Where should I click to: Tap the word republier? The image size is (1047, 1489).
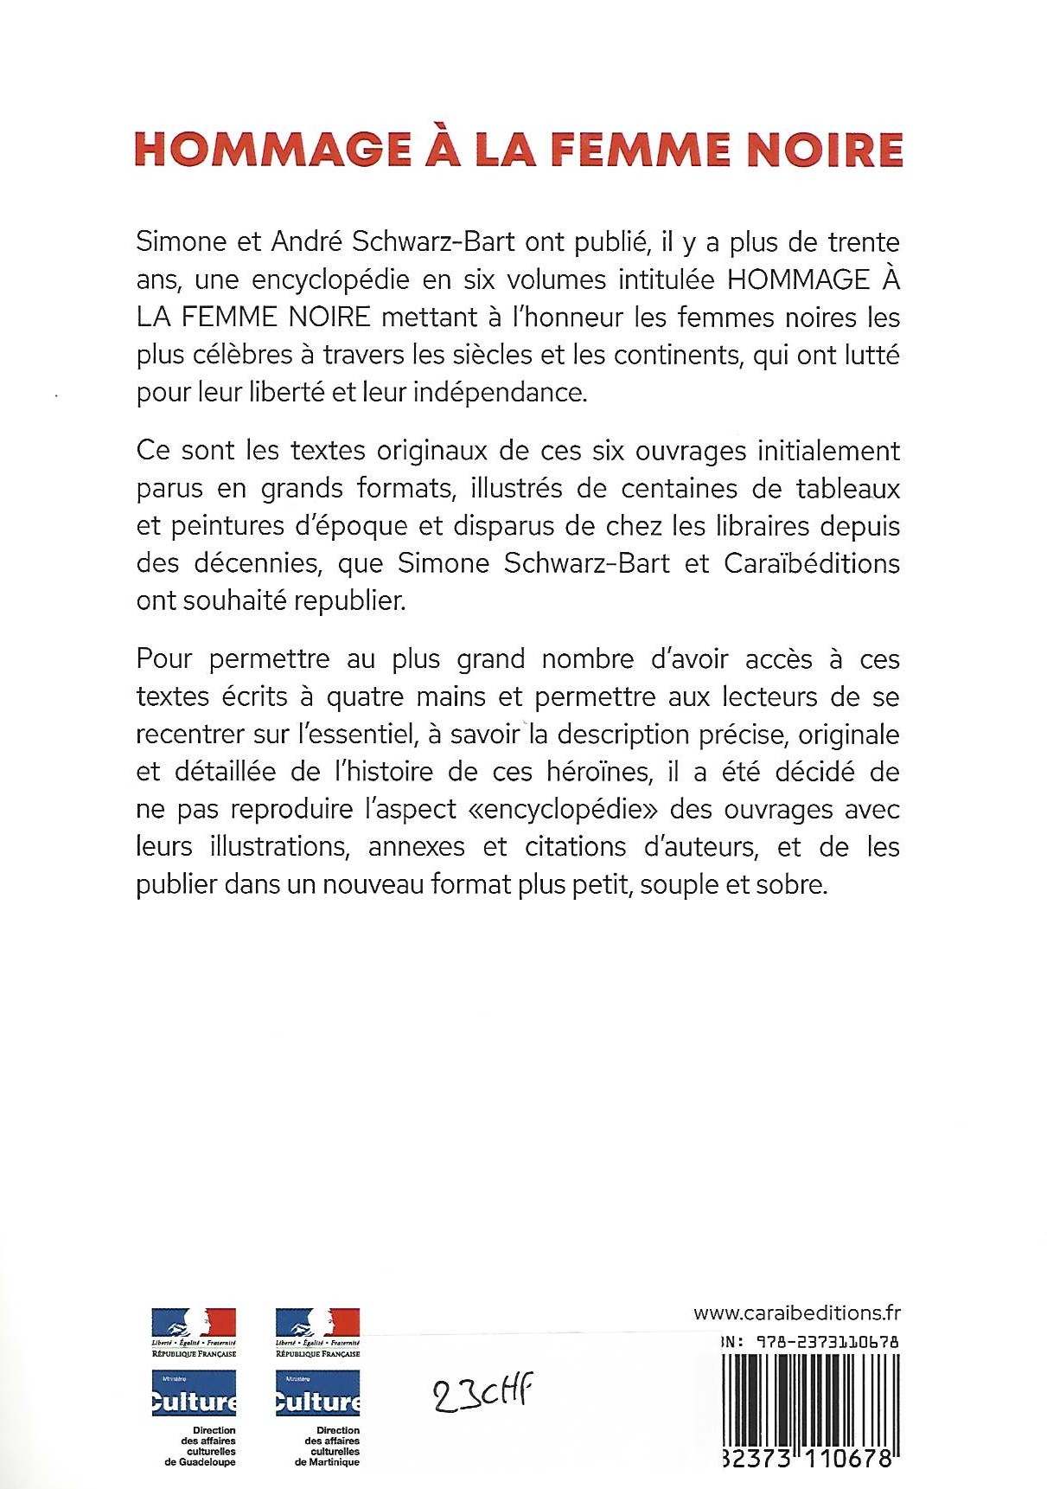(350, 600)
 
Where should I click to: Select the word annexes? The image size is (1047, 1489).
(416, 846)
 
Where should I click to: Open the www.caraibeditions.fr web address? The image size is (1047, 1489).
(796, 1313)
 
